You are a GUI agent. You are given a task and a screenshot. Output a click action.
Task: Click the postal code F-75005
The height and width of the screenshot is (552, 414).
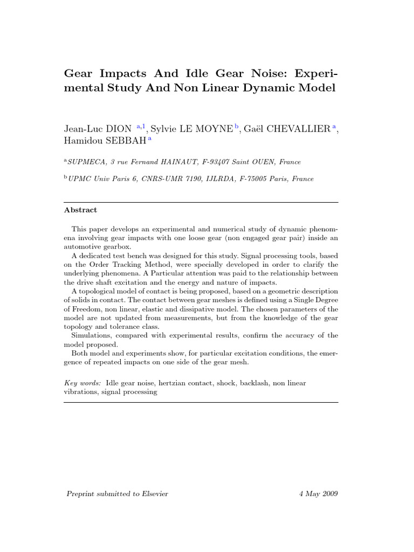pyautogui.click(x=253, y=179)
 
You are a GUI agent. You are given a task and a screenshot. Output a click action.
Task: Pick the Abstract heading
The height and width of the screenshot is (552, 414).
pyautogui.click(x=81, y=210)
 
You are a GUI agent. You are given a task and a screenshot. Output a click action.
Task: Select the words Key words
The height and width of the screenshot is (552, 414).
pyautogui.click(x=82, y=383)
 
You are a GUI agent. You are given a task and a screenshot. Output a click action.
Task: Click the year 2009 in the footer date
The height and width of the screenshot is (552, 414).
pyautogui.click(x=328, y=494)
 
